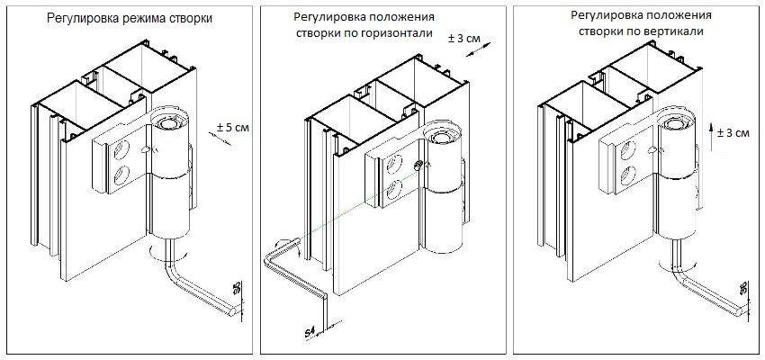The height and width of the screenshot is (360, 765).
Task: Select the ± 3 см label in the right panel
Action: (x=733, y=133)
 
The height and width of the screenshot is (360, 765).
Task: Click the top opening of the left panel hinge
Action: (x=166, y=120)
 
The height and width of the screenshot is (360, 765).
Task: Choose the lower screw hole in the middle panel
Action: (x=393, y=190)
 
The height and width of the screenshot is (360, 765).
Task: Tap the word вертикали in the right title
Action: (x=674, y=31)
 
